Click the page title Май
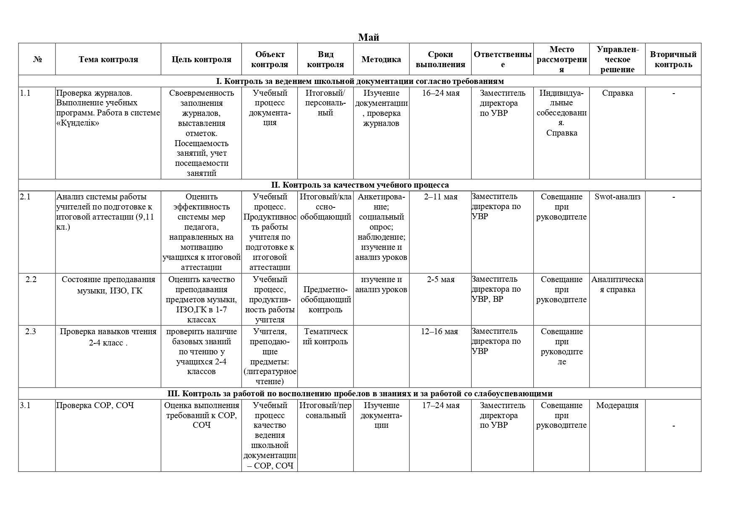pos(368,37)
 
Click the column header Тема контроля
pos(108,59)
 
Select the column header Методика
pos(381,59)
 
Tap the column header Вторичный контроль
pos(673,59)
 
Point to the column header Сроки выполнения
pos(440,59)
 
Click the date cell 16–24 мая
pos(441,93)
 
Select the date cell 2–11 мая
pos(441,196)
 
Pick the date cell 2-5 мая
pos(441,279)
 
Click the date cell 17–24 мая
pos(441,405)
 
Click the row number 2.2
pos(31,279)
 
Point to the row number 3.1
pos(25,405)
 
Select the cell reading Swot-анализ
pos(617,196)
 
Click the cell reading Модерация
pos(617,405)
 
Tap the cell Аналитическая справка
pos(617,284)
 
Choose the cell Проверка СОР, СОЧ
pos(95,405)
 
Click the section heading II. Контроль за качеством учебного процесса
pos(359,185)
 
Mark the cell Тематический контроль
pos(325,336)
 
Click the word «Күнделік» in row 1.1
pos(78,123)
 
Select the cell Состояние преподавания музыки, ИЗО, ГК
pos(108,285)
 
